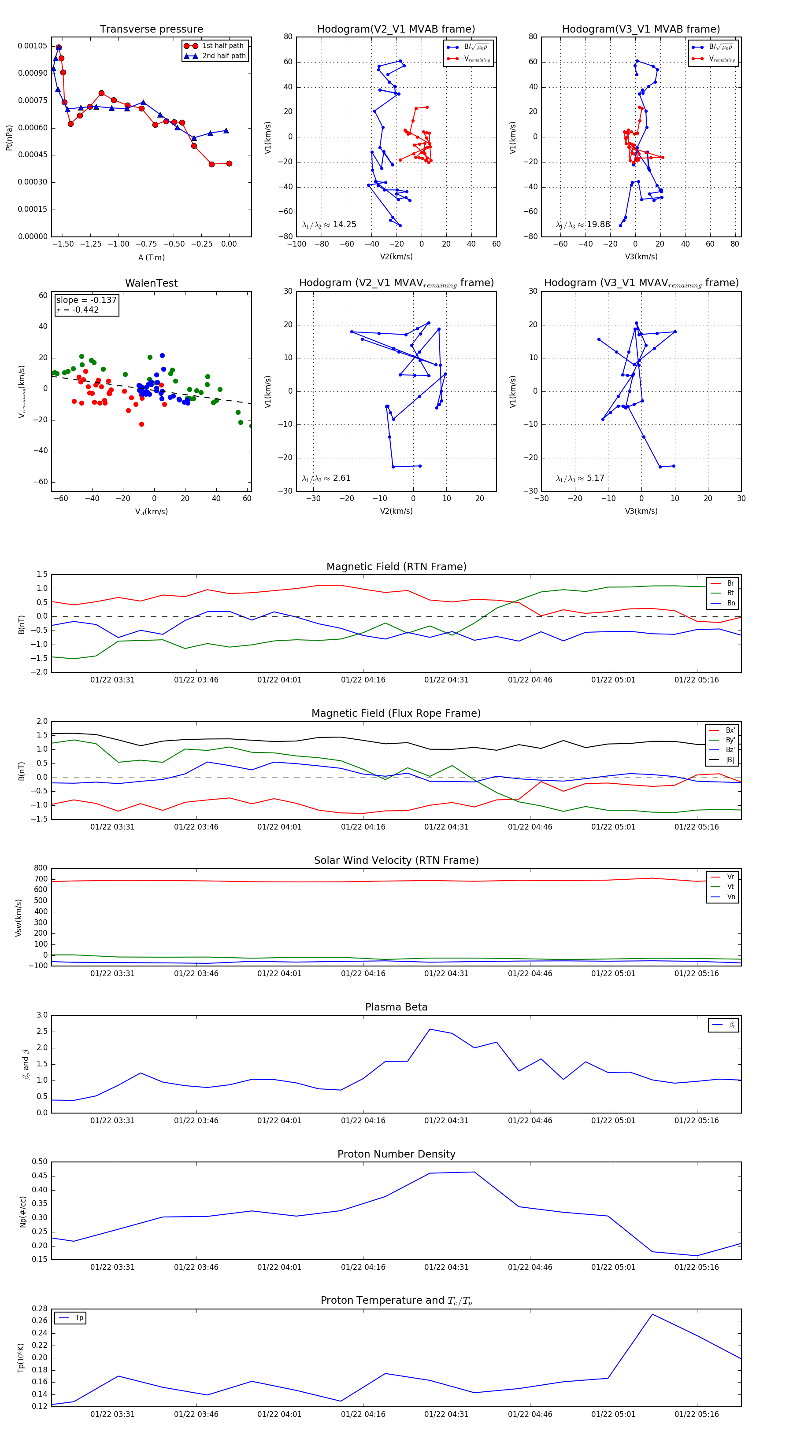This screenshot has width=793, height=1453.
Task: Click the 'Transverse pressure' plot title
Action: [x=151, y=30]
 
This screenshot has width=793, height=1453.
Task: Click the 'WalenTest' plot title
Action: [x=151, y=283]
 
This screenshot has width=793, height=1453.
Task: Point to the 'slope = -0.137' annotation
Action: [x=86, y=300]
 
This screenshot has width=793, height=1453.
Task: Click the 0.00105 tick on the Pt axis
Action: [x=33, y=46]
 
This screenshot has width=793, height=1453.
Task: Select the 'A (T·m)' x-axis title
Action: [x=151, y=257]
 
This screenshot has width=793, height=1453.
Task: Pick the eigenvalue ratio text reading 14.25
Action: [x=329, y=225]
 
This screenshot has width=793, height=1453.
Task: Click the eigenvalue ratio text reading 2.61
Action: [x=326, y=478]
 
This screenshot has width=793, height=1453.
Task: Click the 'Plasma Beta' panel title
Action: [x=396, y=1007]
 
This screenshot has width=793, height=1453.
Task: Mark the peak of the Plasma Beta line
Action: [x=430, y=1029]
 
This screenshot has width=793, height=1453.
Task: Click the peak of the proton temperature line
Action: [x=652, y=1314]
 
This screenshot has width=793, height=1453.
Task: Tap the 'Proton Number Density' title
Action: [x=396, y=1154]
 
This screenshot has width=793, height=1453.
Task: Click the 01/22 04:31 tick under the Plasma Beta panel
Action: [x=446, y=1120]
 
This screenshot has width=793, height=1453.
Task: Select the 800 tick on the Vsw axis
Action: [x=41, y=868]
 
